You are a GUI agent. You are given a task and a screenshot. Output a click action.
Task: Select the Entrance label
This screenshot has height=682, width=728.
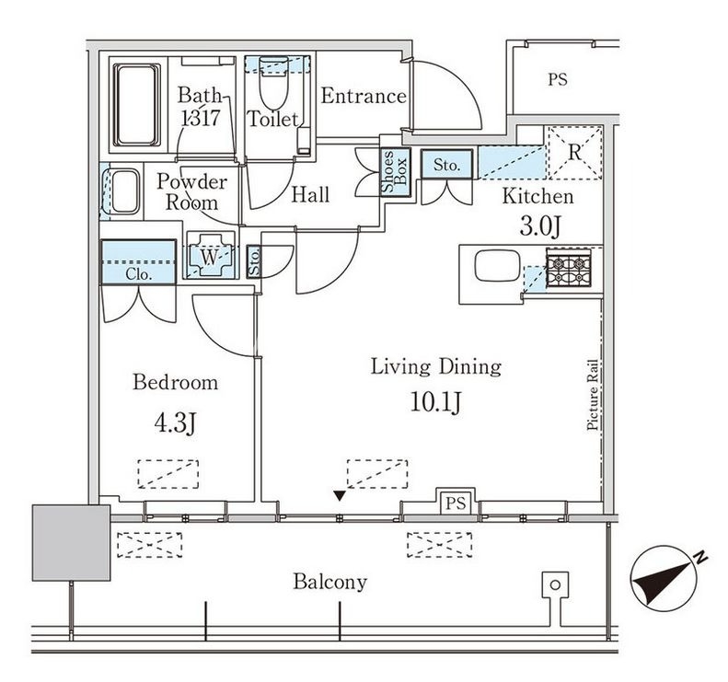tap(363, 96)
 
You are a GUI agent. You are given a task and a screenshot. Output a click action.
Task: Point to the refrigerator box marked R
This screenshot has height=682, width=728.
tap(574, 150)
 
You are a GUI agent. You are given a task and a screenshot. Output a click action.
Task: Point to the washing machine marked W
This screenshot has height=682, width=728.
tap(211, 258)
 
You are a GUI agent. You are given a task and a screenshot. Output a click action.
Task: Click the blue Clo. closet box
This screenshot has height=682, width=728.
tap(137, 261)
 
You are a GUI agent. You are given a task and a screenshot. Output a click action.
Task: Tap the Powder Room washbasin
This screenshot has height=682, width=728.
tap(123, 191)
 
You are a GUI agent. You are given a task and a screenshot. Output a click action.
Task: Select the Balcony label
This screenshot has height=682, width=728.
tap(329, 582)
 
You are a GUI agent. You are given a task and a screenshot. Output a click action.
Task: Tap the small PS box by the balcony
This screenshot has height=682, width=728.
tap(456, 502)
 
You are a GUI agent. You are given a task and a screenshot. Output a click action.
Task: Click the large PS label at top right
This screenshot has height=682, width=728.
tap(557, 80)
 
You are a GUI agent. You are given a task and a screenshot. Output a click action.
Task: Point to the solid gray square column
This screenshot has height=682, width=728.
tap(71, 542)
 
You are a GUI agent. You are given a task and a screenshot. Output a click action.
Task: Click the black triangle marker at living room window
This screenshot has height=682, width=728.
tap(341, 496)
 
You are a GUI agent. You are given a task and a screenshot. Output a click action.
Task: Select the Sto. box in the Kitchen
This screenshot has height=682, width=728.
tap(446, 164)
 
